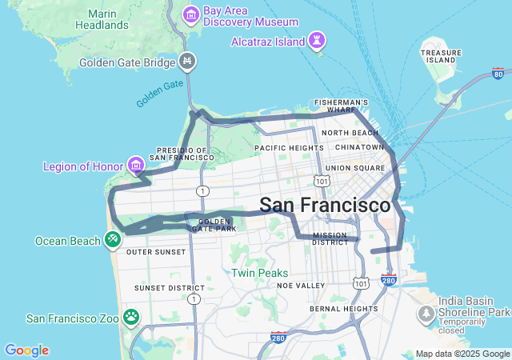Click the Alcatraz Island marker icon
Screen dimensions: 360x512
coord(318,41)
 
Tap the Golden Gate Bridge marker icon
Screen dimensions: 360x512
coord(187,62)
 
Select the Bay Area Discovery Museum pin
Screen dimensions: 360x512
coord(191,15)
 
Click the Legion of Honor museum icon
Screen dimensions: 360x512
coord(136,166)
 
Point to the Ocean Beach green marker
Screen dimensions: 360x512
coord(114,239)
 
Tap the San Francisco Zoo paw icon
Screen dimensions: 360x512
coord(131,318)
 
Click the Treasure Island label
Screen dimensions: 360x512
coord(442,56)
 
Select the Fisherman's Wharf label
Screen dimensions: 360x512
coord(342,103)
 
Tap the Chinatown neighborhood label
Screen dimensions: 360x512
coord(360,147)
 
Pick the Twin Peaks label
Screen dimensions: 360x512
coord(259,273)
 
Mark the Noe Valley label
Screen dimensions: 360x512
coord(301,286)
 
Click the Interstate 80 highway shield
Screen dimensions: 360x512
coord(498,74)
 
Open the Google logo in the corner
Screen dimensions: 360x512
coord(26,350)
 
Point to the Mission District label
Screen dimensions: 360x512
coord(330,239)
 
